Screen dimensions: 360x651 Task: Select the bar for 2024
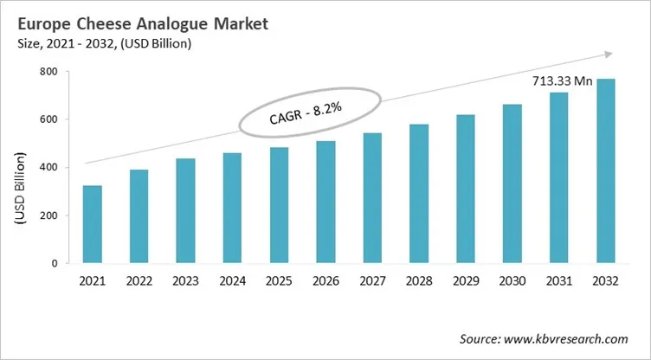pyautogui.click(x=233, y=208)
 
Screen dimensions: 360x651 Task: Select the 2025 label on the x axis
pyautogui.click(x=279, y=281)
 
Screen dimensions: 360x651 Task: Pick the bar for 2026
pyautogui.click(x=325, y=202)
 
